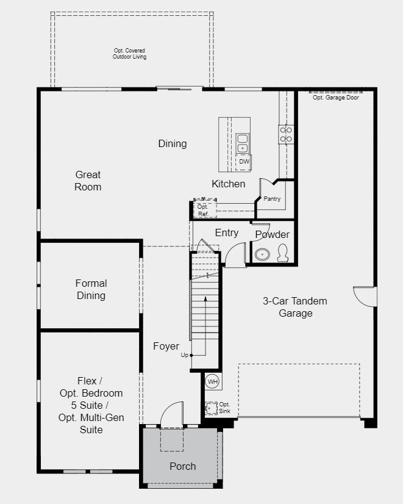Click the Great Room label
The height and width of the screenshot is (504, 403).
tap(88, 181)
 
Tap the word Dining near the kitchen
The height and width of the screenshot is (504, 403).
tap(173, 143)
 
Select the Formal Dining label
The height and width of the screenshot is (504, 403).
tap(91, 289)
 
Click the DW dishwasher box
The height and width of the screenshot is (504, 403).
tap(244, 162)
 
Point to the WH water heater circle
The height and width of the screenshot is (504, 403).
tap(212, 381)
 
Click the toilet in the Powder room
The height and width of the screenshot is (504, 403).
tap(283, 253)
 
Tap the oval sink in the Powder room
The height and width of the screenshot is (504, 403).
tap(262, 254)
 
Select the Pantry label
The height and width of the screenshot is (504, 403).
tap(272, 199)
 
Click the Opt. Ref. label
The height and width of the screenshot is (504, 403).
tap(203, 211)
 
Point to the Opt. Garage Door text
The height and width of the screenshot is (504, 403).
tap(335, 98)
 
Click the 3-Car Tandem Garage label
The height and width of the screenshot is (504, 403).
tap(296, 307)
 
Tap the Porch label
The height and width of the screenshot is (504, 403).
tap(182, 466)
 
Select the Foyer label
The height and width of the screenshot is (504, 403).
tap(166, 346)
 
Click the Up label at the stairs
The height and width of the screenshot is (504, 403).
tap(184, 355)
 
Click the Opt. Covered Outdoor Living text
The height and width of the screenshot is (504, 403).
tap(129, 54)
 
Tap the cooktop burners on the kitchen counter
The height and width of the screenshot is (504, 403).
tap(285, 134)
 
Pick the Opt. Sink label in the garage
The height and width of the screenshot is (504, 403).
tap(224, 407)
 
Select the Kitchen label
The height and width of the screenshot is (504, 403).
tap(229, 184)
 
